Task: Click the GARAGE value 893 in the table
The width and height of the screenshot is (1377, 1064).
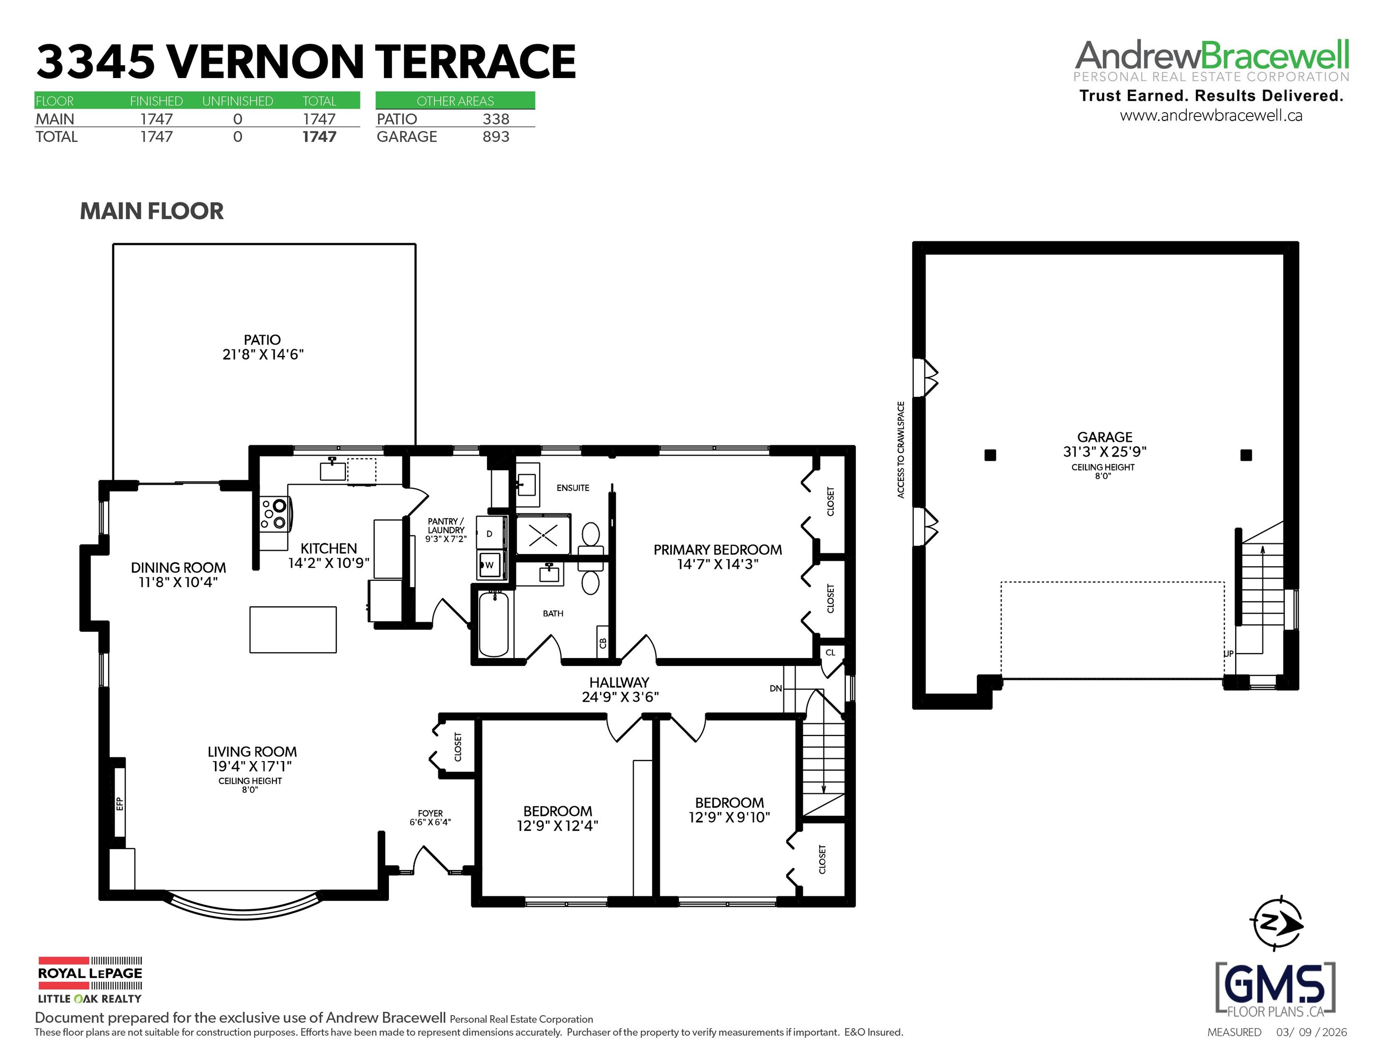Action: (496, 137)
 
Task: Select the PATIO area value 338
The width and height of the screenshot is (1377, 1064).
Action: (496, 119)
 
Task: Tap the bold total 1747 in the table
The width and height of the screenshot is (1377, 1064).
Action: (319, 137)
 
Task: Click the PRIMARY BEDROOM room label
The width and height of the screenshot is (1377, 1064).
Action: (717, 550)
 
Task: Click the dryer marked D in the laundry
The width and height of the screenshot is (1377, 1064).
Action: (491, 533)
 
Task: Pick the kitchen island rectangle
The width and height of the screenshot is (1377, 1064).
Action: (293, 630)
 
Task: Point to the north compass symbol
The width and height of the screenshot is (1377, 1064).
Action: (1276, 924)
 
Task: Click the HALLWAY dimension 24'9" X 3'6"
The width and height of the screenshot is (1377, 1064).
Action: (620, 696)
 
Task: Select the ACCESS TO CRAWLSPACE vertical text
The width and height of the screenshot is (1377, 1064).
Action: (901, 449)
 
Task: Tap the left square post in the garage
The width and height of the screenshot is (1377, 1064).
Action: (990, 455)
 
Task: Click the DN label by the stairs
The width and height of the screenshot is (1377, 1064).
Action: (776, 689)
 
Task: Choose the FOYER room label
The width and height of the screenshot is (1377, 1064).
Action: (431, 813)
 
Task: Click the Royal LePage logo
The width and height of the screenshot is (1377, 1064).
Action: (90, 980)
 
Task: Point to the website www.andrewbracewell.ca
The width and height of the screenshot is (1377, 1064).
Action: (1211, 115)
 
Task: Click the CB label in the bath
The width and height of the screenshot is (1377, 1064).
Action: (603, 643)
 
